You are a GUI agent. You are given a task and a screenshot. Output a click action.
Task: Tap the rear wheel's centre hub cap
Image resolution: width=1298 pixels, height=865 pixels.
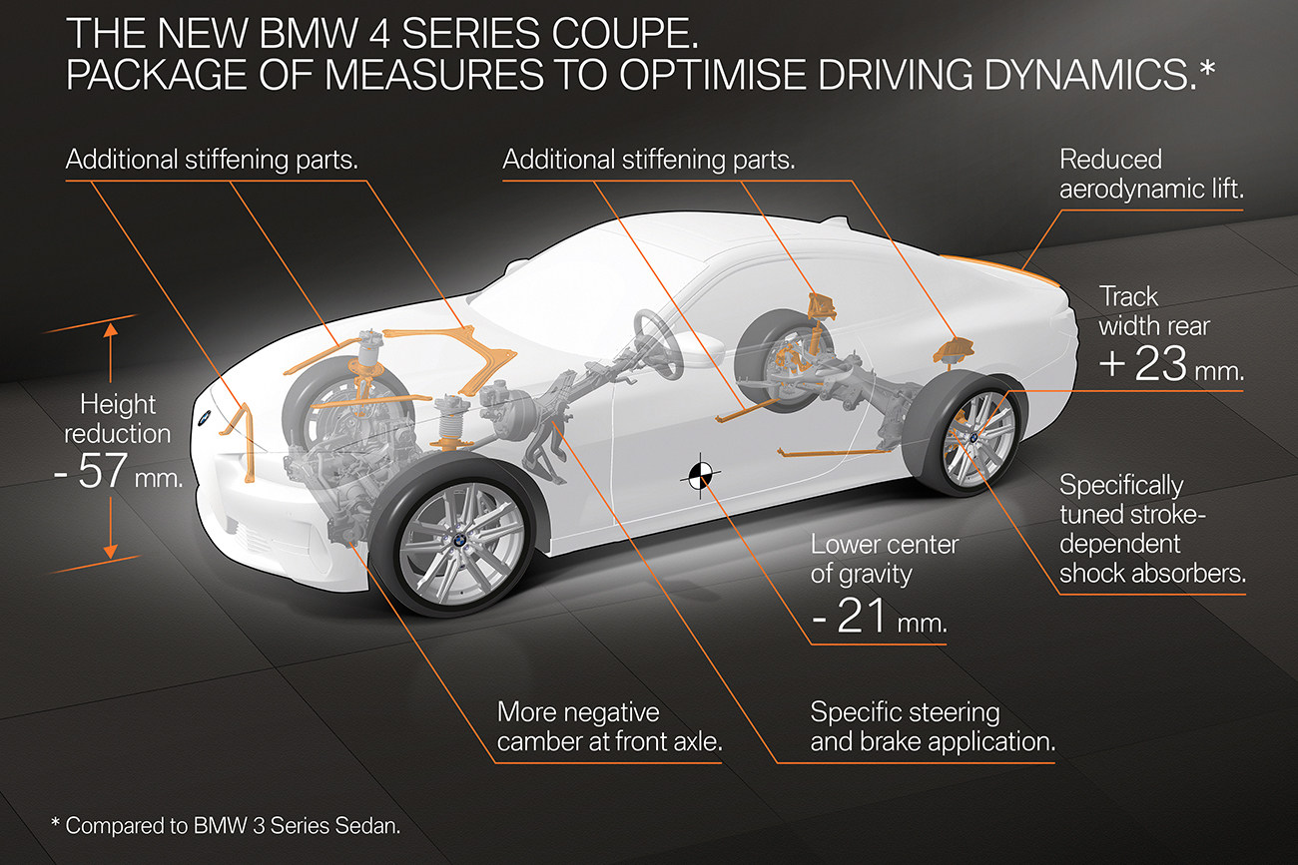pos(971,435)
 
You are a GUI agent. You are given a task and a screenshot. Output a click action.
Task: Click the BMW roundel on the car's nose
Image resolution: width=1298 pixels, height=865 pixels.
pos(200,422)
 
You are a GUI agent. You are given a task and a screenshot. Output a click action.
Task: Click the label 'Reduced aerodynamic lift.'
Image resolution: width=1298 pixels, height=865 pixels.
pos(1150,174)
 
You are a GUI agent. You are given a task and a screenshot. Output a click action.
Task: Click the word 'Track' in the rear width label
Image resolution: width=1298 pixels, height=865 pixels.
pos(1128,296)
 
